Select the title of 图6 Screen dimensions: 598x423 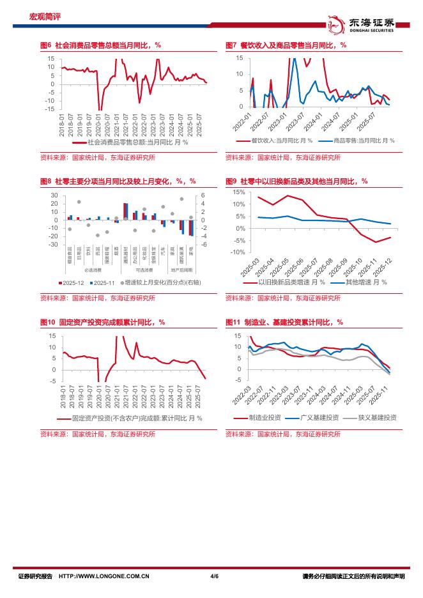pyautogui.click(x=100, y=45)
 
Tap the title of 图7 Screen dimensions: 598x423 pyautogui.click(x=286, y=45)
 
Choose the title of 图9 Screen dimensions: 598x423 pyautogui.click(x=296, y=181)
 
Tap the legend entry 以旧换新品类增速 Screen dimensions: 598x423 pyautogui.click(x=291, y=282)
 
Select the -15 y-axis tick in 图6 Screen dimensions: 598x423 pyautogui.click(x=50, y=109)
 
